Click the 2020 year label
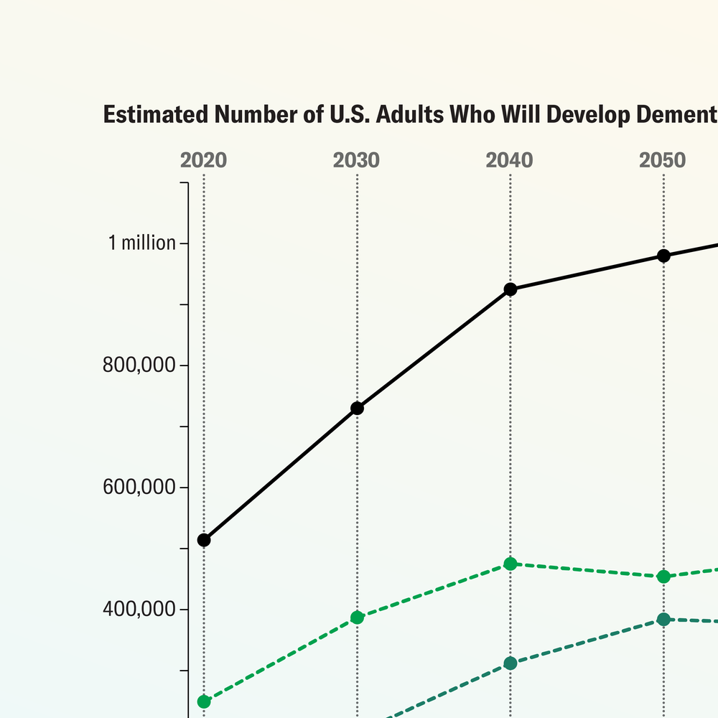[x=203, y=160]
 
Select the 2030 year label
[x=356, y=160]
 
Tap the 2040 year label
[x=510, y=160]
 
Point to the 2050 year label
[x=663, y=160]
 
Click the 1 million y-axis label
[x=142, y=243]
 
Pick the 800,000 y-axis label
[x=140, y=365]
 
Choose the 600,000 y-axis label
[x=140, y=488]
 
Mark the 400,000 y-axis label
[x=140, y=610]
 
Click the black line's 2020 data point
[x=204, y=540]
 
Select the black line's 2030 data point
[x=357, y=409]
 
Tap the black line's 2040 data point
[x=510, y=289]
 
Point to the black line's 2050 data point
[x=663, y=256]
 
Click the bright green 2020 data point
[x=204, y=701]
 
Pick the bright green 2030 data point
[x=357, y=617]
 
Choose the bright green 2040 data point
[x=510, y=564]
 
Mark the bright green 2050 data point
[x=663, y=577]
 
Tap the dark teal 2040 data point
[x=510, y=663]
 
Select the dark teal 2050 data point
[x=663, y=619]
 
